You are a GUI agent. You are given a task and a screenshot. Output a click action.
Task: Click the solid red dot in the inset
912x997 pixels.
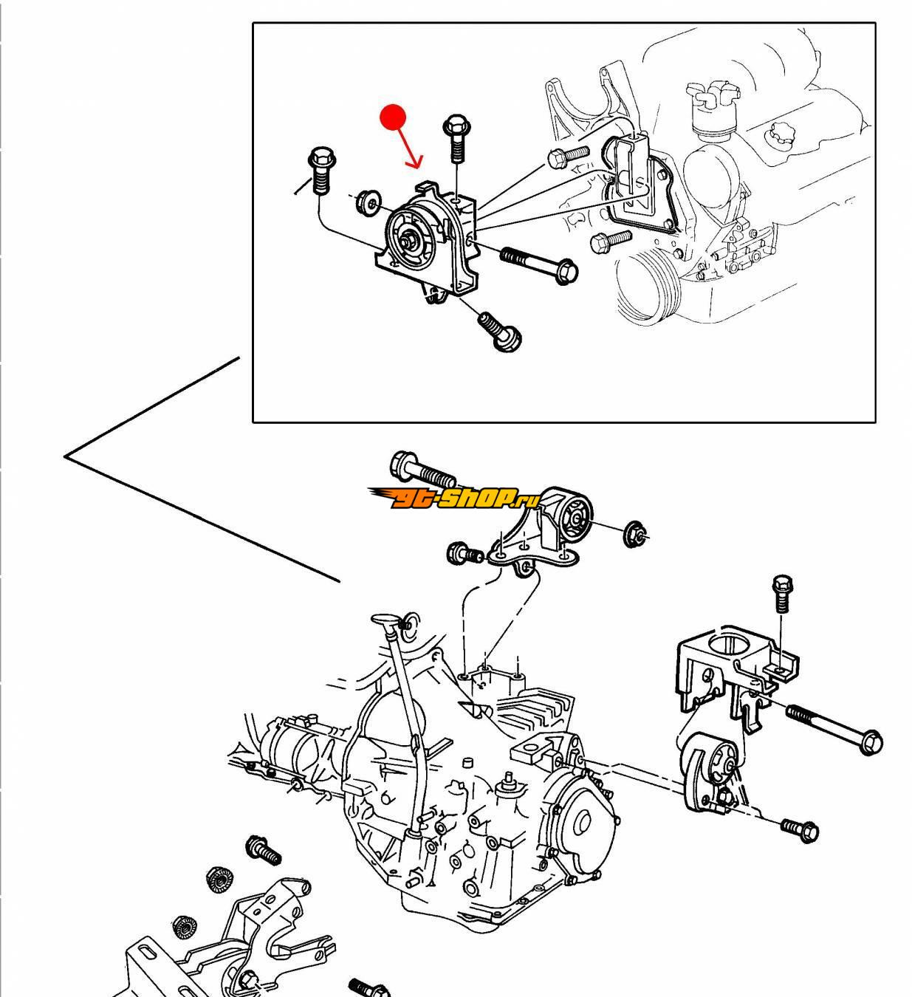point(393,117)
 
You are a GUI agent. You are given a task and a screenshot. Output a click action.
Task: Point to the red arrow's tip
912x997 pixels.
point(418,168)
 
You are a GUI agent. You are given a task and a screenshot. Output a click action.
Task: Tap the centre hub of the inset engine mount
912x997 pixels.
point(408,238)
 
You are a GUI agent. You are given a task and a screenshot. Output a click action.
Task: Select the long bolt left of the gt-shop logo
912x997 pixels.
point(422,468)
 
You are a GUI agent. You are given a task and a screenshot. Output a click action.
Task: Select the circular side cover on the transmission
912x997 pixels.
point(583,822)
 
